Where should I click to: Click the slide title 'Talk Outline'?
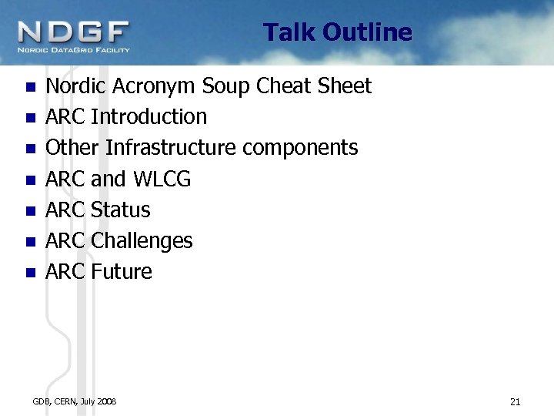(x=337, y=32)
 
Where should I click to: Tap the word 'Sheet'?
(x=344, y=86)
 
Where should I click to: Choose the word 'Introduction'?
(x=149, y=117)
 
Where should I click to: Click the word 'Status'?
(x=120, y=210)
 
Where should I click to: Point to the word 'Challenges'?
(x=142, y=241)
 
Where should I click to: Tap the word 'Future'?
(x=122, y=271)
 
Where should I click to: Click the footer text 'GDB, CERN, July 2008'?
(x=75, y=401)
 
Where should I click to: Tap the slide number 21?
(x=515, y=401)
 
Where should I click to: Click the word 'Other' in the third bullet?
(x=73, y=148)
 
